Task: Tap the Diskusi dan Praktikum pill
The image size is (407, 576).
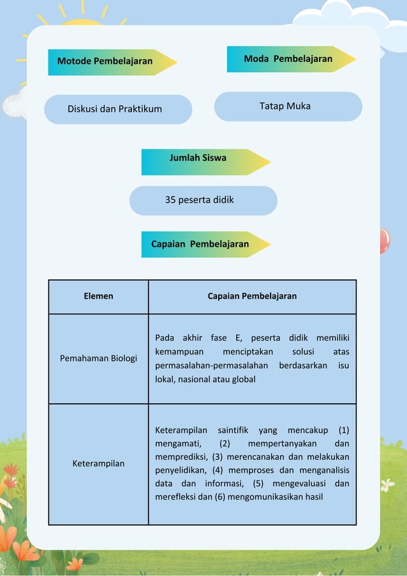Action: point(117,109)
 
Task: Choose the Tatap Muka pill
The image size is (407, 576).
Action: point(287,107)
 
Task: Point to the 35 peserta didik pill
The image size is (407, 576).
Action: point(203,200)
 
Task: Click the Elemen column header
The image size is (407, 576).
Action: point(98,297)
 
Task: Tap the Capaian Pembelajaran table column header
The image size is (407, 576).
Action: point(252,297)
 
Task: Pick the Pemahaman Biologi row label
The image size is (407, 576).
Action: point(98,358)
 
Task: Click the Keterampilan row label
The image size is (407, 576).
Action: point(98,464)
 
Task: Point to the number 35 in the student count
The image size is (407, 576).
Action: point(170,200)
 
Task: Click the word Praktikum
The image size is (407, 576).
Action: point(140,109)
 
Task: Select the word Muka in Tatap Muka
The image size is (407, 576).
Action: point(299,107)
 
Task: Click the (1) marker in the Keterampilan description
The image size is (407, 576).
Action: point(343,431)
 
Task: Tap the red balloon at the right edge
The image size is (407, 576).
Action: point(383,240)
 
